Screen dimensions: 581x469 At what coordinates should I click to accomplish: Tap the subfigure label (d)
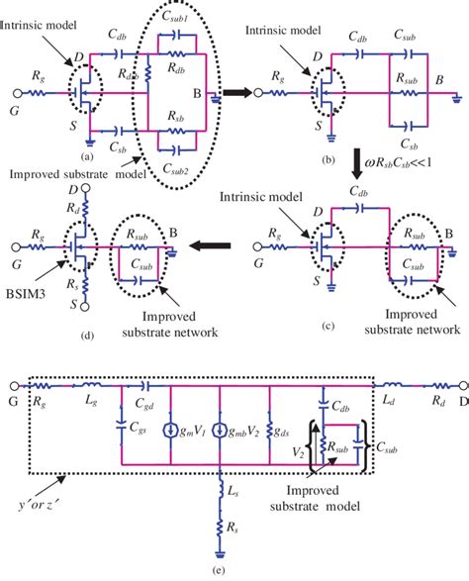[x=88, y=336]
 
